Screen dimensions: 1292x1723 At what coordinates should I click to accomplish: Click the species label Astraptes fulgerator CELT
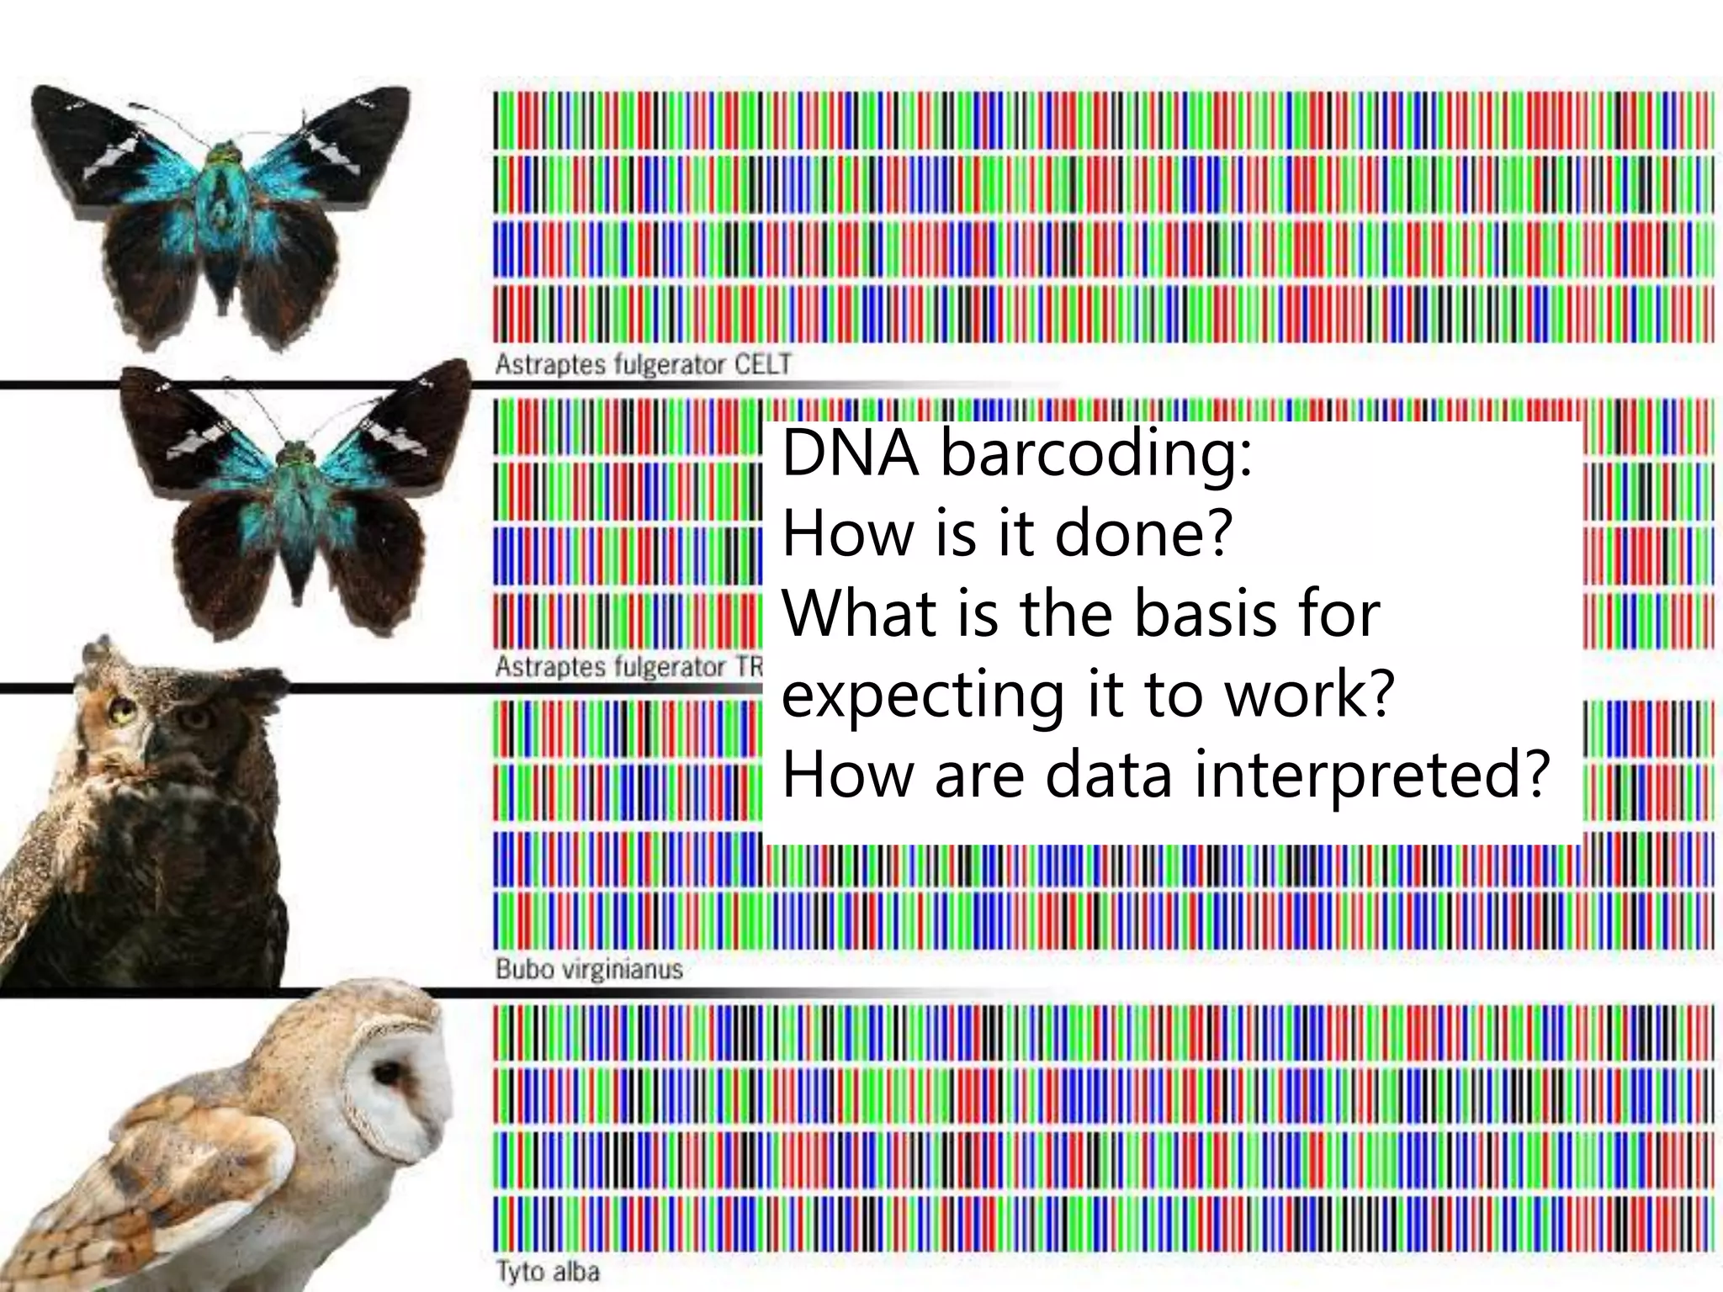(x=643, y=364)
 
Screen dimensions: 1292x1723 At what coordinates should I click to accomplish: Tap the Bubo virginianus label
(x=588, y=969)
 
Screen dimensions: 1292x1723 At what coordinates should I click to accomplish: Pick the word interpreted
(x=1371, y=776)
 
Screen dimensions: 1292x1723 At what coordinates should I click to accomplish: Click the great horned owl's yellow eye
(x=124, y=713)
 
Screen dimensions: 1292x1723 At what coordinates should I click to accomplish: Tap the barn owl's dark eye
(x=388, y=1074)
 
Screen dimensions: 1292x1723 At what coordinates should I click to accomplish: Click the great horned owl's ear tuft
(x=97, y=650)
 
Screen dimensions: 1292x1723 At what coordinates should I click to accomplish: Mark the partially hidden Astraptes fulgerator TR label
(x=628, y=667)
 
